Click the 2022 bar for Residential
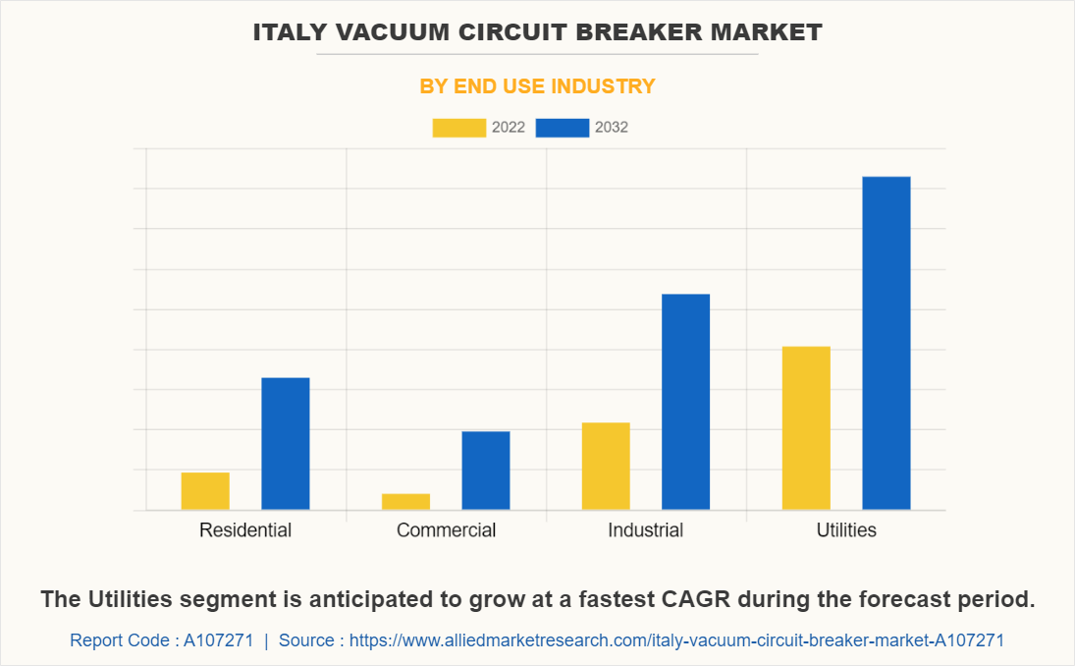(x=205, y=491)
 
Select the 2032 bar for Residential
(x=286, y=444)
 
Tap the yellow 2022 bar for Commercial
(x=405, y=501)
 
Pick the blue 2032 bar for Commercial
(x=486, y=471)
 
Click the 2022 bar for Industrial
(x=606, y=466)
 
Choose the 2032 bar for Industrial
(x=685, y=402)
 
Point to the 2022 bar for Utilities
(x=806, y=428)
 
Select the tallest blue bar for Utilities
(x=887, y=343)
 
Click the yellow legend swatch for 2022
(x=458, y=128)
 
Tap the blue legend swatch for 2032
(x=563, y=128)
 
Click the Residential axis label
(x=245, y=530)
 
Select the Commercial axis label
(x=446, y=530)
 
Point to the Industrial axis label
(x=645, y=530)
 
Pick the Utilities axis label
(x=846, y=530)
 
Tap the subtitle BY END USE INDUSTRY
(x=537, y=86)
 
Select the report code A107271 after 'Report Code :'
(x=218, y=640)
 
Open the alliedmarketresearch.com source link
(x=676, y=640)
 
